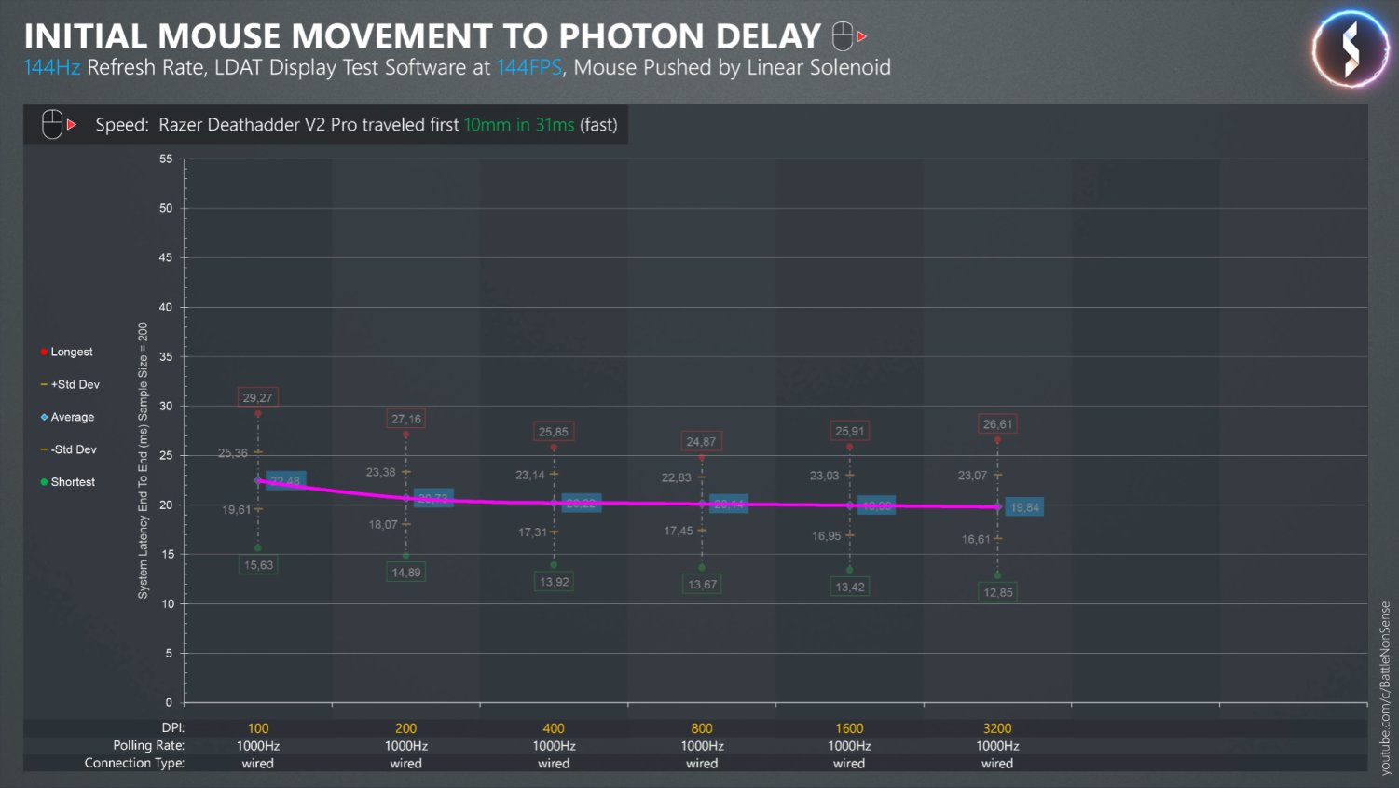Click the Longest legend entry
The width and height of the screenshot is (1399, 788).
coord(71,352)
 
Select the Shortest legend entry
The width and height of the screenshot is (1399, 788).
coord(72,482)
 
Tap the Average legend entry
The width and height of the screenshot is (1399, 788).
coord(72,417)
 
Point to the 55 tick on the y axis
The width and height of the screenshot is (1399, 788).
coord(166,159)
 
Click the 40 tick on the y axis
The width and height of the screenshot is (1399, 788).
coord(166,307)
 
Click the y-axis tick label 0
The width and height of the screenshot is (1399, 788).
coord(169,702)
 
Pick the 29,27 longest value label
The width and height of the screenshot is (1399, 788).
coord(257,398)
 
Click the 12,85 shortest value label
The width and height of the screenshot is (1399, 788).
coord(997,592)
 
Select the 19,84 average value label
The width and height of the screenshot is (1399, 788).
coord(1024,507)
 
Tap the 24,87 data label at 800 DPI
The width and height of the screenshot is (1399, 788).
coord(701,442)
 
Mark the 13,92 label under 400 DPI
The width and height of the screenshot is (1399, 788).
coord(554,582)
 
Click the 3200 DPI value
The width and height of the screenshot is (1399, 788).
coord(997,728)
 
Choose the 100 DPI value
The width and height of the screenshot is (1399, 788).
coord(258,728)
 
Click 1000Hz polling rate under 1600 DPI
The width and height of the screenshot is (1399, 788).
coord(849,746)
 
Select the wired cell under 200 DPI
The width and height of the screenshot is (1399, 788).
coord(405,764)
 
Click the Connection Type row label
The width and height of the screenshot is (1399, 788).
coord(134,763)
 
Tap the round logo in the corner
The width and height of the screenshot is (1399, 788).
coord(1351,48)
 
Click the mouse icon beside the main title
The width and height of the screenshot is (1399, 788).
coord(844,36)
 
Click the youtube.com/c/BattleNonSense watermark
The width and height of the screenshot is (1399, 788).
coord(1385,687)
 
